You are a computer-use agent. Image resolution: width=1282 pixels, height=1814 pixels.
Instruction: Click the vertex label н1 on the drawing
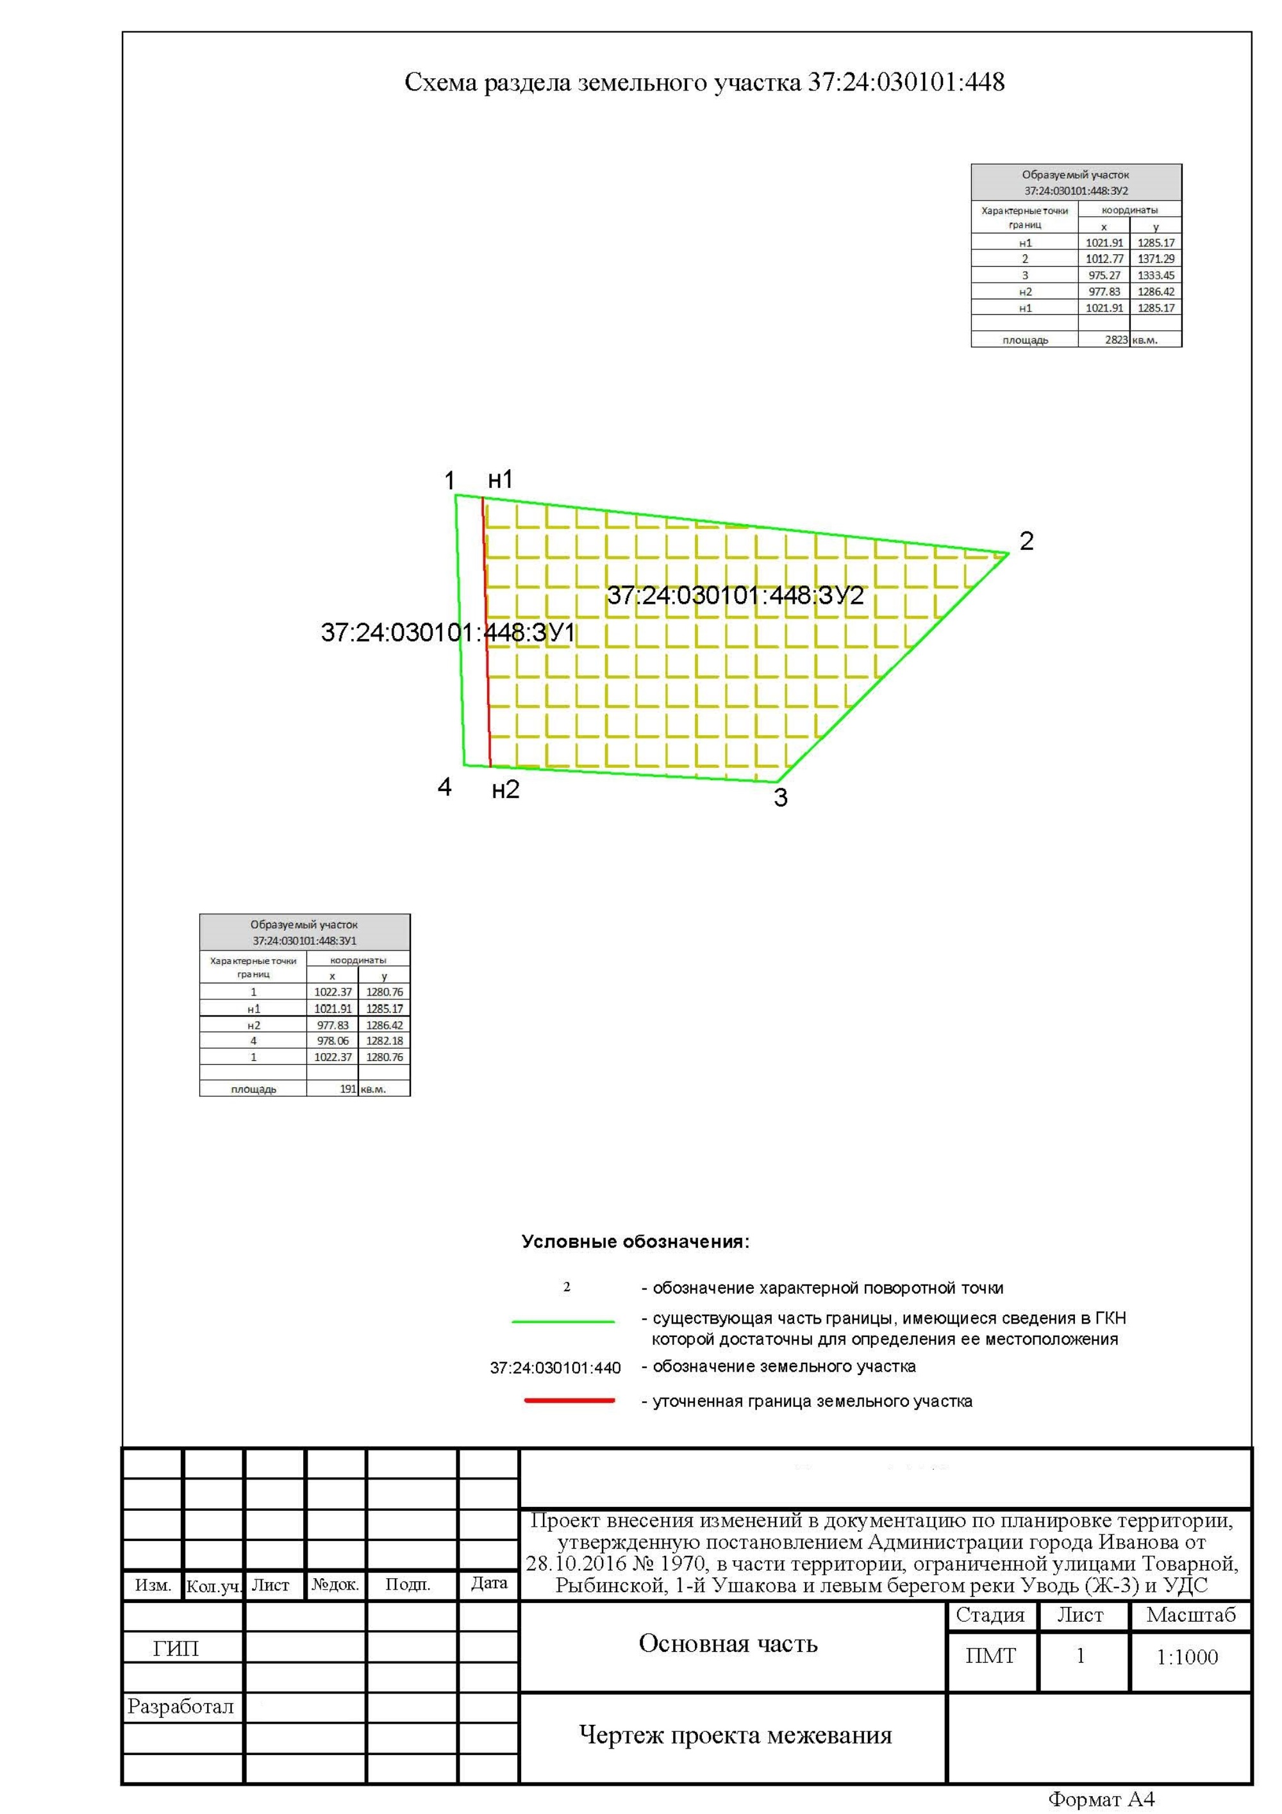(x=500, y=479)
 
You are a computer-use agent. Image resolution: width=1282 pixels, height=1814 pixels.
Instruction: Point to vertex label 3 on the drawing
(x=780, y=798)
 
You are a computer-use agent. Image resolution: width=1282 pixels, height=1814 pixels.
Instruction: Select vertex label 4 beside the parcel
(x=445, y=787)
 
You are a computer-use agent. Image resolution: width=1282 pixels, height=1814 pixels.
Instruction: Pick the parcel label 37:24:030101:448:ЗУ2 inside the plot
(x=735, y=595)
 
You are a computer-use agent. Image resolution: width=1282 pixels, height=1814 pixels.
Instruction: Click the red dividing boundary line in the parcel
(x=487, y=632)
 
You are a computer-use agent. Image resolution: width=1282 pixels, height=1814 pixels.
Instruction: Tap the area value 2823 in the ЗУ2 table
(x=1115, y=340)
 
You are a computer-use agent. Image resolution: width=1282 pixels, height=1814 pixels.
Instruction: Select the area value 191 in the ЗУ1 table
(x=347, y=1088)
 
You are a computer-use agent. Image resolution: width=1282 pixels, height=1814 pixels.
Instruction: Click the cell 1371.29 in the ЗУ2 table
(x=1156, y=259)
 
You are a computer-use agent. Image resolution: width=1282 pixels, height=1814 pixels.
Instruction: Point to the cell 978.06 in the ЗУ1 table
(x=333, y=1040)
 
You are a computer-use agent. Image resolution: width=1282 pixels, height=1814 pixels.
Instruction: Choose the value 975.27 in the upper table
(x=1104, y=276)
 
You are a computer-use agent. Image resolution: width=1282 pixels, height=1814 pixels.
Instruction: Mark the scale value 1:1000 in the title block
(x=1186, y=1657)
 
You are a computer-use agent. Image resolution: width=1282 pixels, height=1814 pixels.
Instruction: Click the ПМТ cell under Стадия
(x=990, y=1656)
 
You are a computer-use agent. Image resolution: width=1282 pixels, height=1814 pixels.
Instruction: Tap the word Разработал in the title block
(x=181, y=1706)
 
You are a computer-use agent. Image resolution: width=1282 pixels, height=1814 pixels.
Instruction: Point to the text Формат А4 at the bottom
(x=1101, y=1800)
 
